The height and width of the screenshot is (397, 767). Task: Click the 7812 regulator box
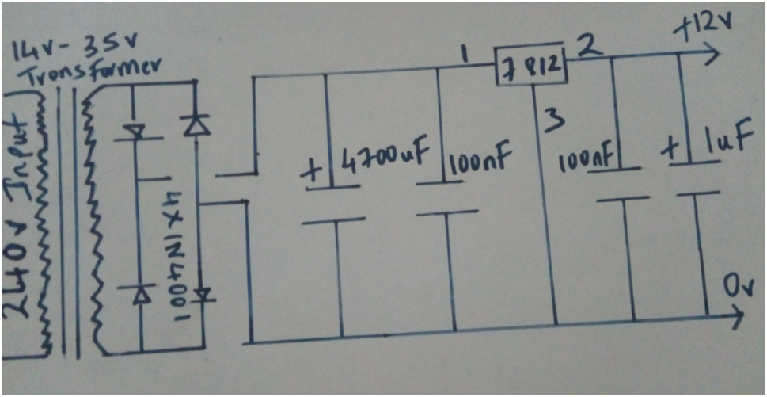531,67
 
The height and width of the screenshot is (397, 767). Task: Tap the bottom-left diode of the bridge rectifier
141,295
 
